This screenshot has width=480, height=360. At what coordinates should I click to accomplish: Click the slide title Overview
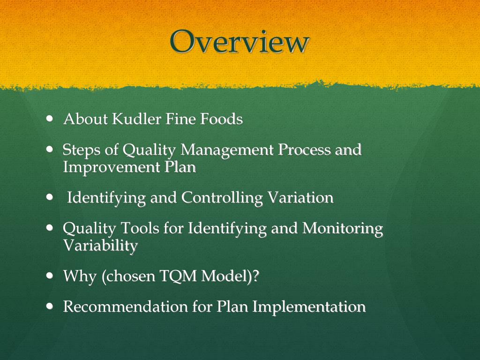[240, 42]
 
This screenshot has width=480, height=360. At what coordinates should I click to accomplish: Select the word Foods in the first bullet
[222, 120]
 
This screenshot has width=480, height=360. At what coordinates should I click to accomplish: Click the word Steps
[80, 150]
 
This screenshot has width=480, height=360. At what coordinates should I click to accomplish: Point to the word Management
[227, 150]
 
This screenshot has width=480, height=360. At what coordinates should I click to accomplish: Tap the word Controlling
[222, 198]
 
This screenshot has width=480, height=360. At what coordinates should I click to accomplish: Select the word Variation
[300, 198]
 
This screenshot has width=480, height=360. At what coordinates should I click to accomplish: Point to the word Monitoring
[343, 229]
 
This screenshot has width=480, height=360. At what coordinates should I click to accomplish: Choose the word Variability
[100, 245]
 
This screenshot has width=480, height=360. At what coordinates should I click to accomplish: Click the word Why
[80, 276]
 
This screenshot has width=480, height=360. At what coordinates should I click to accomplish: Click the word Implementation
[309, 307]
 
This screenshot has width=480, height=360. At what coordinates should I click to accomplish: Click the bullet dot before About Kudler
[50, 119]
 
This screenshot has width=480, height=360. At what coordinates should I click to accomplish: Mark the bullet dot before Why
[50, 276]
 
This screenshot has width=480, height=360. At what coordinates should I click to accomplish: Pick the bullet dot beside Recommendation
[50, 307]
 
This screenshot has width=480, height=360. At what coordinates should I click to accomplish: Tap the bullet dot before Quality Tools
[50, 228]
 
